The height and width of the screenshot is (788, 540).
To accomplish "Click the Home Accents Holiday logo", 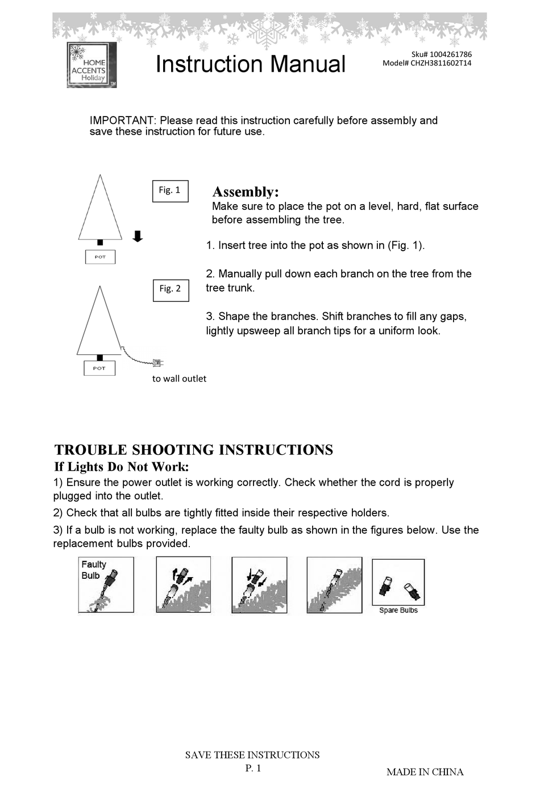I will pos(92,65).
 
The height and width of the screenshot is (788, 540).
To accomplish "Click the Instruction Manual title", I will pos(250,64).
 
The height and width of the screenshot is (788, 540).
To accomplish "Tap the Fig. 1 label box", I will pos(170,190).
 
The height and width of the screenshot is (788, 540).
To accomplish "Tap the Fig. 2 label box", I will pos(171,289).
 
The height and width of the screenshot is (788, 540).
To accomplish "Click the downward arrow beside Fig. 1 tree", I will pos(138,236).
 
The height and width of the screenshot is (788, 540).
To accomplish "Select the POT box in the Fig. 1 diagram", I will pos(100,257).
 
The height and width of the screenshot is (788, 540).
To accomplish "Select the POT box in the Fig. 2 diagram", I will pos(99,368).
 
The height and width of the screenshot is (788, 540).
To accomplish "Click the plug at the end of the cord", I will pos(159,362).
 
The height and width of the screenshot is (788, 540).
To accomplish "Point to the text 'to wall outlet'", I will pos(179,379).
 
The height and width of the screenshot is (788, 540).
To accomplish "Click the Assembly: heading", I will pos(246,192).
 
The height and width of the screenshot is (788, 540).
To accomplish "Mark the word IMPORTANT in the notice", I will pos(122,121).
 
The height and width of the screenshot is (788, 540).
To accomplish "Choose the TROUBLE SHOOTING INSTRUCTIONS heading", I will pos(194,450).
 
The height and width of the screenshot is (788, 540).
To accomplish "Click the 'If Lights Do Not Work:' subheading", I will pos(121,467).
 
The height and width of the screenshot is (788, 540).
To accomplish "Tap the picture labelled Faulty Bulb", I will pos(106,584).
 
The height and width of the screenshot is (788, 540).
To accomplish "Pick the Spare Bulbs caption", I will pos(398,610).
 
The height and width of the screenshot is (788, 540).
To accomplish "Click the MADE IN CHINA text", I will pos(425,772).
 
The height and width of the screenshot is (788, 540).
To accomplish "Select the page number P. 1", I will pos(253,768).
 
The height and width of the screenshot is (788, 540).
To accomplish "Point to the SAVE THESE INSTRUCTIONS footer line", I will pos(252,755).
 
